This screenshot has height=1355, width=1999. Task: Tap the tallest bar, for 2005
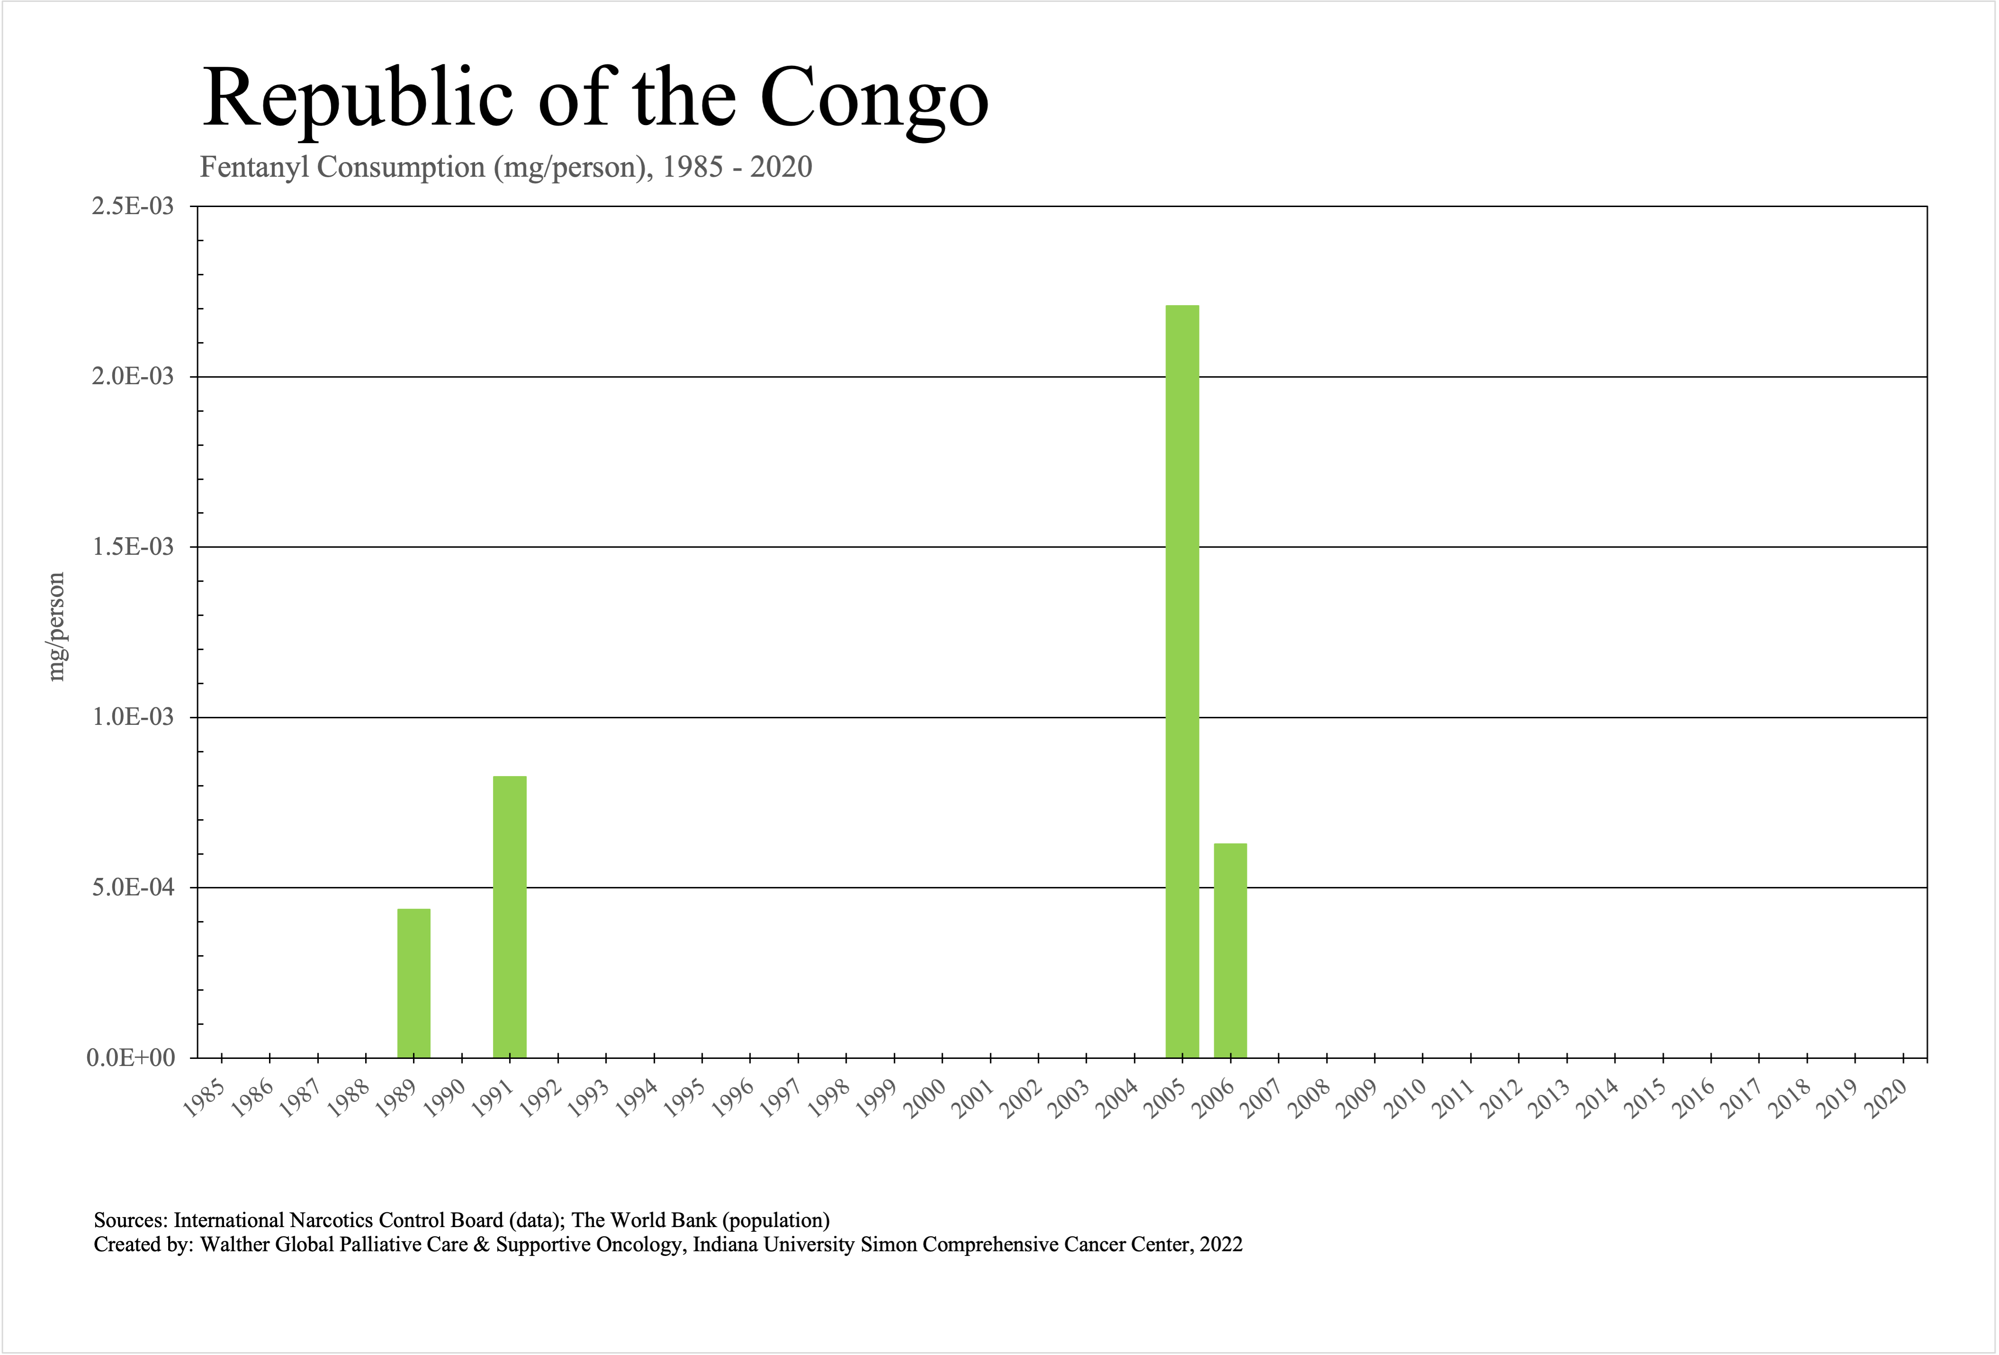coord(1182,680)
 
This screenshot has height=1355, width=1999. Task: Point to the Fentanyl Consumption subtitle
coord(506,167)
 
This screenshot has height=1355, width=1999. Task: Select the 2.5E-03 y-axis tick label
coord(132,207)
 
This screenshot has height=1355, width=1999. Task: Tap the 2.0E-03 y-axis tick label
coord(132,377)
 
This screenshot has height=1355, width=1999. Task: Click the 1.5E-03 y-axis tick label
coord(132,547)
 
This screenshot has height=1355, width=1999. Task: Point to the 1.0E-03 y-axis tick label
coord(132,717)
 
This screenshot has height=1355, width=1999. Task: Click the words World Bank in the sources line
coord(663,1220)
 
